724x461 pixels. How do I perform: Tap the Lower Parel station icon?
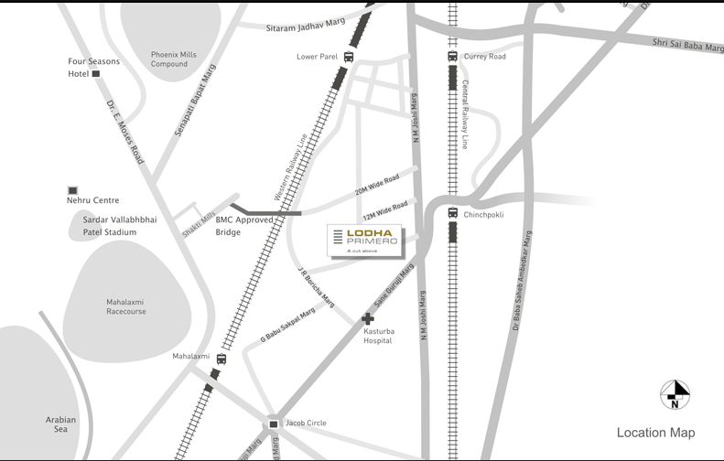(x=350, y=57)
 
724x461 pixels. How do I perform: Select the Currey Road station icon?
(x=452, y=57)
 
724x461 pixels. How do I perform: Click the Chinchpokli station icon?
(x=452, y=214)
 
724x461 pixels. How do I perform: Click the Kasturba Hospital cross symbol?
(x=368, y=319)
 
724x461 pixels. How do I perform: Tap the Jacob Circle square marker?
(x=274, y=423)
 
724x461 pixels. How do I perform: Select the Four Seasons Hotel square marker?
(x=95, y=74)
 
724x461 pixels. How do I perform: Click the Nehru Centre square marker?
(x=72, y=189)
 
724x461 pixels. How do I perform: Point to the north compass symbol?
(x=675, y=394)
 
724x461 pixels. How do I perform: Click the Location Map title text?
(x=655, y=433)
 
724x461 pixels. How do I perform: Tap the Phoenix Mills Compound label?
(x=175, y=59)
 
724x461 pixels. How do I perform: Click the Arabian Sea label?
(x=61, y=424)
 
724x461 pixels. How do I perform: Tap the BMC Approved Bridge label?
(x=244, y=226)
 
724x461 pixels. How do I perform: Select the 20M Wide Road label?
(x=378, y=186)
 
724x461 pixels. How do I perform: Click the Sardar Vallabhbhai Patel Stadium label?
(x=116, y=226)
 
